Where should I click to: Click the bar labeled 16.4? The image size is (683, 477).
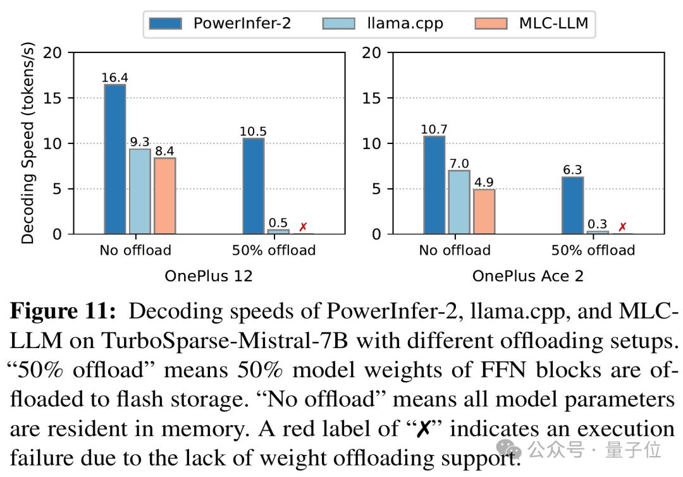(115, 159)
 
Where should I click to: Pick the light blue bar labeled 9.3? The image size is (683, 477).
(140, 191)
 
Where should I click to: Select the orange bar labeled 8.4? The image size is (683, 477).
(164, 196)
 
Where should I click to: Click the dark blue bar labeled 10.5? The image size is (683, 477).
(253, 186)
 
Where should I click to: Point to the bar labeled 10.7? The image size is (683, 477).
(434, 185)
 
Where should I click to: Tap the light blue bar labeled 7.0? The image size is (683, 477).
(459, 202)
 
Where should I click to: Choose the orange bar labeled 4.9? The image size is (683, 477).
(484, 212)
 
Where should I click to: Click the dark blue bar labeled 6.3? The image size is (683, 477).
(572, 205)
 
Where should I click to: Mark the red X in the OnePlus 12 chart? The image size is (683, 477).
(304, 227)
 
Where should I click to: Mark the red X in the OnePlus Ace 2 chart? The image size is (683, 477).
(622, 227)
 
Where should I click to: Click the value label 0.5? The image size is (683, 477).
(278, 222)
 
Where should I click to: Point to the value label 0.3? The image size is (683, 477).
(598, 224)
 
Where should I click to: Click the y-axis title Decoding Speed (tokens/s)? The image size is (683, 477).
(28, 144)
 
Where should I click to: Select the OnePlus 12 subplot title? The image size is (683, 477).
(208, 276)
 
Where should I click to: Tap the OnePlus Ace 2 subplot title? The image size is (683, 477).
(527, 276)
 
